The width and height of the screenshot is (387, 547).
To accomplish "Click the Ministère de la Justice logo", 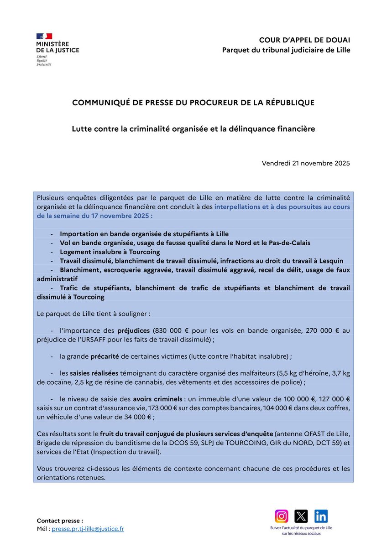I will point(57,49).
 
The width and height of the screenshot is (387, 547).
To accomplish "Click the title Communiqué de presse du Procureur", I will point(193,103).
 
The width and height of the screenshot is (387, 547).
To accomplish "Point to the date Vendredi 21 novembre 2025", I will point(306,163).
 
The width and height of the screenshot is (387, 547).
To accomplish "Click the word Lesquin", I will point(337,261).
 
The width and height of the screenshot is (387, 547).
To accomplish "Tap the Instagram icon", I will point(282,516).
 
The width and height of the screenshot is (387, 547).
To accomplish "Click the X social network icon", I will point(301,516).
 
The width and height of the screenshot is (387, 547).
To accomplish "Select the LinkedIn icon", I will point(321,516).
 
